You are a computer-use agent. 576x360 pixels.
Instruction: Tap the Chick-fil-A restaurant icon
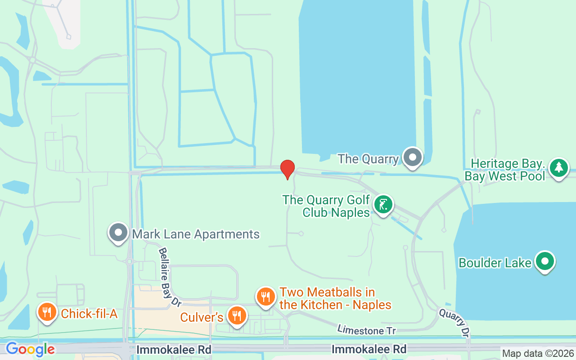46,312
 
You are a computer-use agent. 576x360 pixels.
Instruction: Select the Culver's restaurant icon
237,315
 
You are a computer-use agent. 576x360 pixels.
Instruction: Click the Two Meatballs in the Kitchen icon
266,297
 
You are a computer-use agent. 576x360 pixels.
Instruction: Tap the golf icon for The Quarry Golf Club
383,205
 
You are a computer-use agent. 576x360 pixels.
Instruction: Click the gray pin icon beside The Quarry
412,157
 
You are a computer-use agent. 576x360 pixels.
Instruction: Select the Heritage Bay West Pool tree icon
559,167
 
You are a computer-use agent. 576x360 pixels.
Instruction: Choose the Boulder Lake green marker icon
545,261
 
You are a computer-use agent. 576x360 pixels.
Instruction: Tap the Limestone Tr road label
366,330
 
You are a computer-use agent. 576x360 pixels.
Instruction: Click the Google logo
30,349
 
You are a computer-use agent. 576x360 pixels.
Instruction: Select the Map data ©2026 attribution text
538,354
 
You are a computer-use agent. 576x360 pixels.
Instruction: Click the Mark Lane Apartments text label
196,234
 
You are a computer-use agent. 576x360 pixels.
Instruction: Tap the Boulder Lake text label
495,263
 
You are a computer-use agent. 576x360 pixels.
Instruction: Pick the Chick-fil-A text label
89,314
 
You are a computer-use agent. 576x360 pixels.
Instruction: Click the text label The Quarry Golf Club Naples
326,206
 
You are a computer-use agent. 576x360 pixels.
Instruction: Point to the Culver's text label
202,317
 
